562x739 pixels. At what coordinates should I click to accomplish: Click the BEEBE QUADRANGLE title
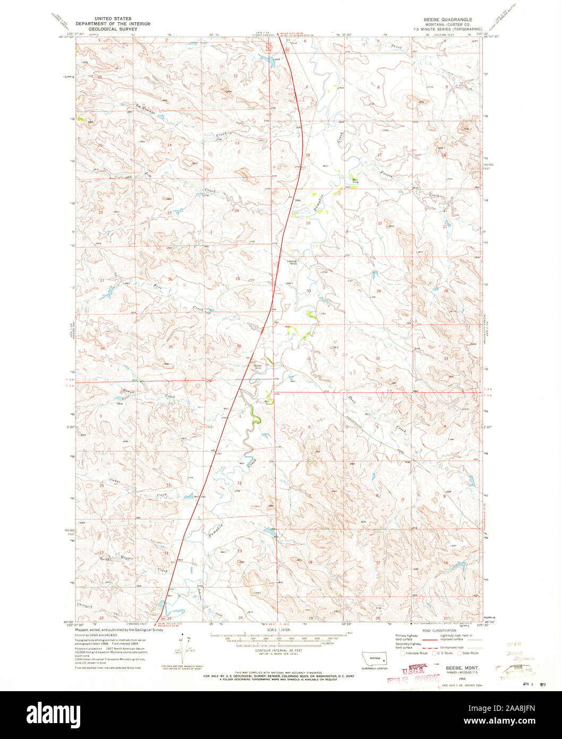(449, 19)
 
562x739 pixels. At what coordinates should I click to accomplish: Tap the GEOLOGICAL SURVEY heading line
(113, 29)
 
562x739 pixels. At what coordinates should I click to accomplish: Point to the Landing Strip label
(292, 262)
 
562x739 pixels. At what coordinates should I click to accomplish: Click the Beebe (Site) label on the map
(257, 366)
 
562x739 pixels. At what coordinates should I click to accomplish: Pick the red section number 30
(309, 290)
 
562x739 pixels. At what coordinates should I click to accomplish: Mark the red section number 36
(239, 346)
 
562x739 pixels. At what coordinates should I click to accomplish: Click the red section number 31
(309, 359)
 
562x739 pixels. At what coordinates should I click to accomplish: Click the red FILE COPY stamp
(414, 681)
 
